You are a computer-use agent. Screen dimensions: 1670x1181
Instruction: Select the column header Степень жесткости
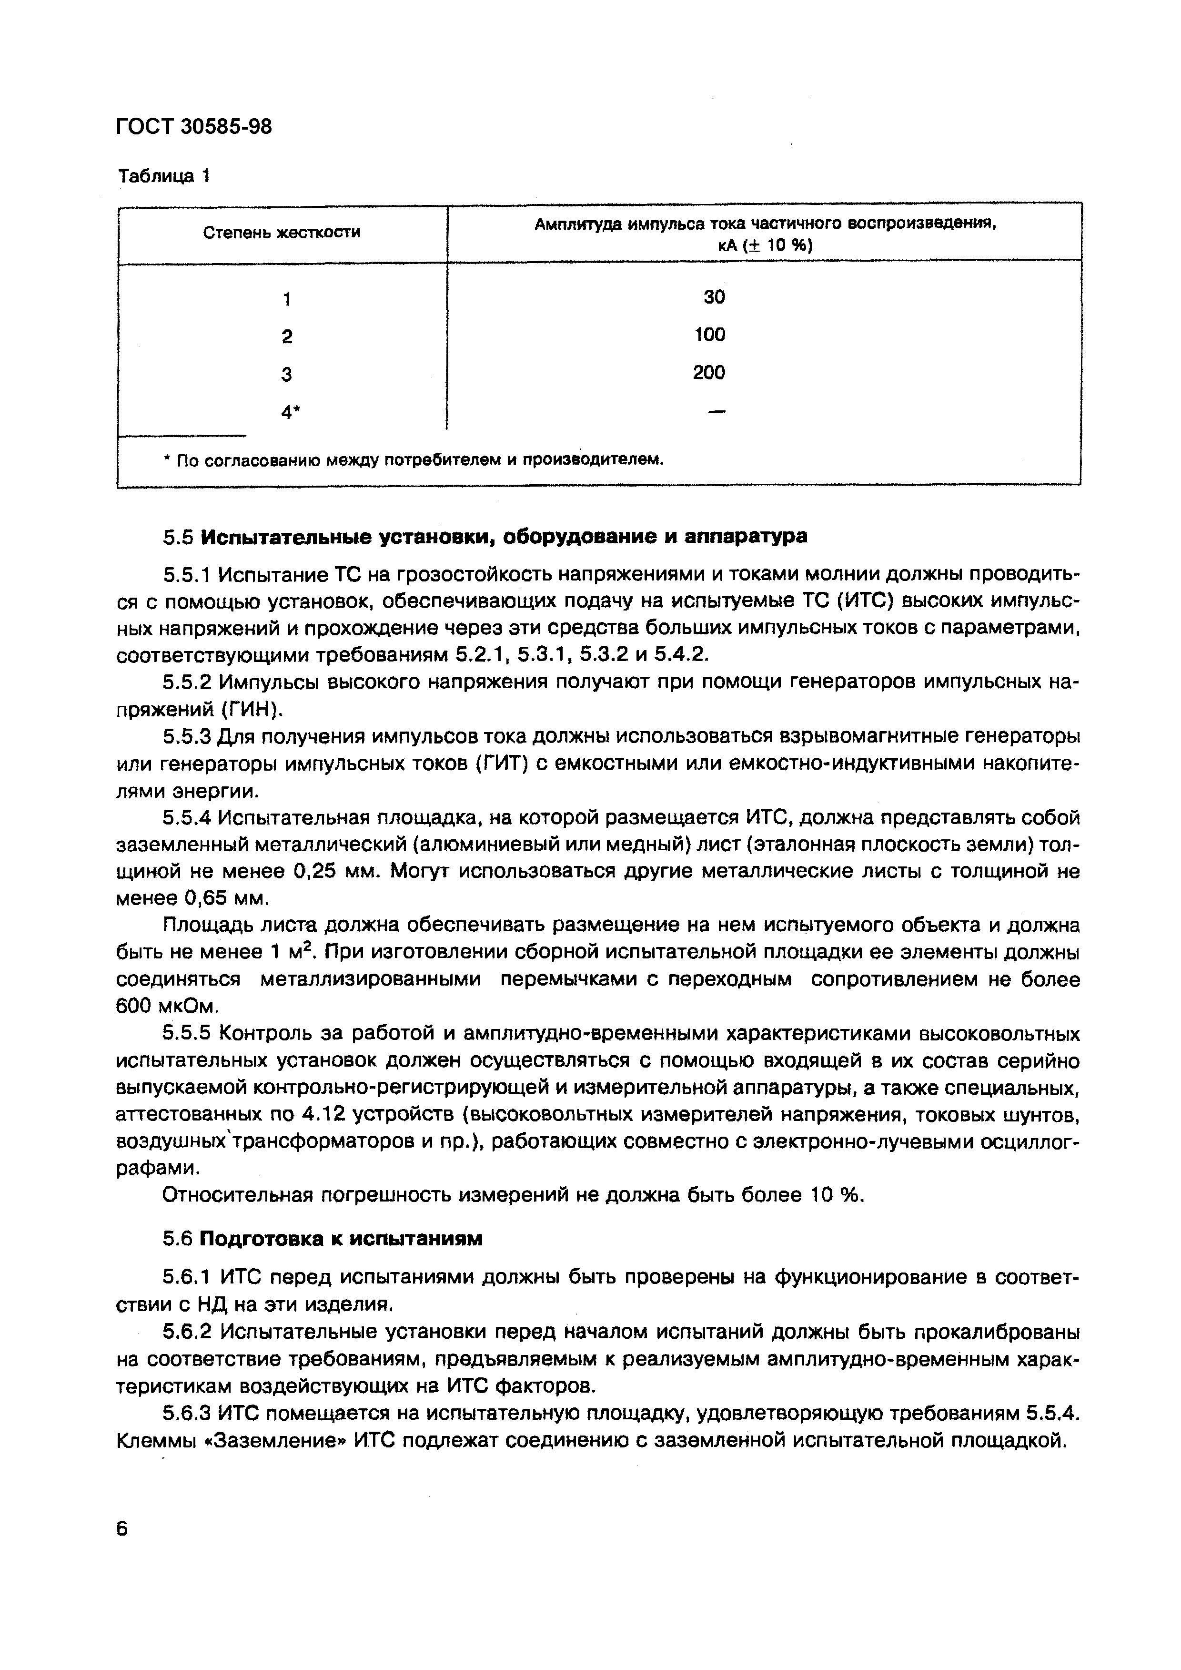pyautogui.click(x=282, y=233)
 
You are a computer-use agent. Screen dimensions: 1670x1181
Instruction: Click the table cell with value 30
pyautogui.click(x=714, y=297)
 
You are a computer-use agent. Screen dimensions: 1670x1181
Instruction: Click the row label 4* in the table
pyautogui.click(x=290, y=412)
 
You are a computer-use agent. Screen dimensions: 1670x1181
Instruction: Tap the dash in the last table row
pyautogui.click(x=717, y=412)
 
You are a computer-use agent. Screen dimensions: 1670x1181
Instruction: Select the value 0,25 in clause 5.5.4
pyautogui.click(x=317, y=871)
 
